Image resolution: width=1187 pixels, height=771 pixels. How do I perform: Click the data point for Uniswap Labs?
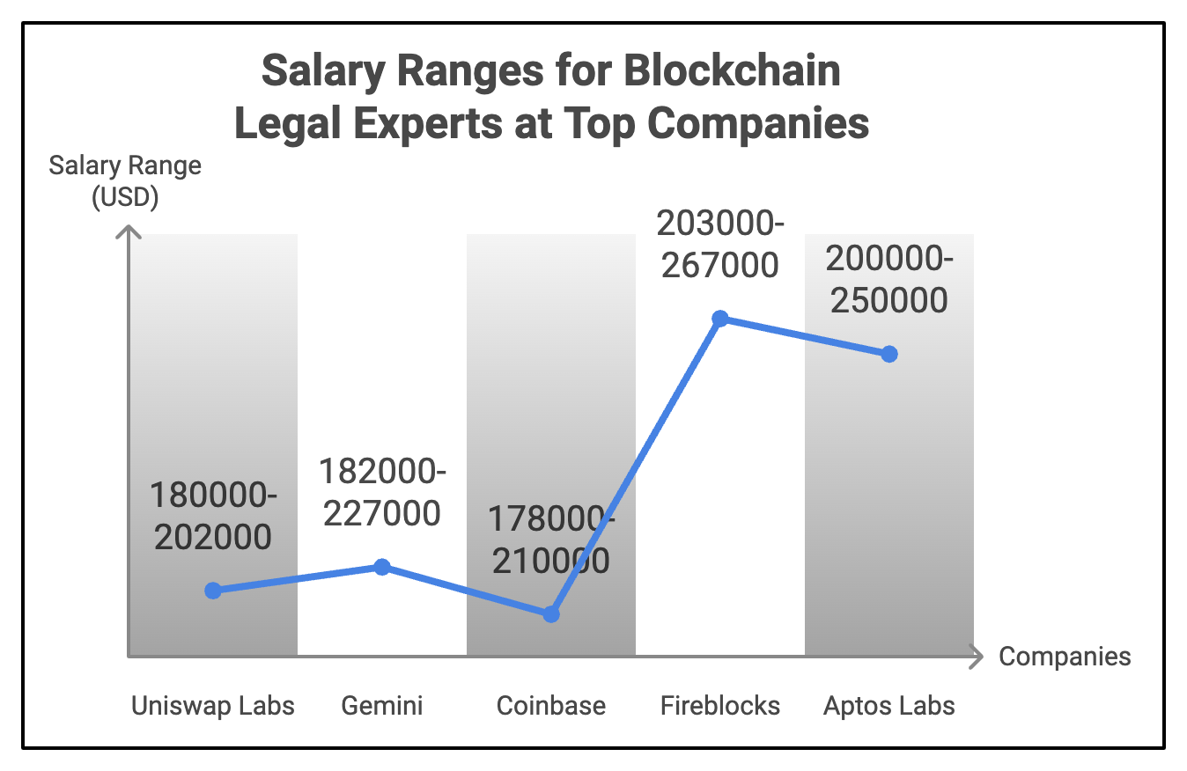[x=213, y=591]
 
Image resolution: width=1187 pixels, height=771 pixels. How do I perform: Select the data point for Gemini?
[x=382, y=567]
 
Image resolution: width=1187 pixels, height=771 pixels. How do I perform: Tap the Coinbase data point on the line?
[x=551, y=614]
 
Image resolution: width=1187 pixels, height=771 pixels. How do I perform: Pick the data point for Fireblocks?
[x=720, y=318]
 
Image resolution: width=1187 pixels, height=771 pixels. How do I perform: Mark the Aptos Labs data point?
[x=889, y=354]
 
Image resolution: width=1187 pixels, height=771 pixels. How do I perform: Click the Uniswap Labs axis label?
[x=213, y=706]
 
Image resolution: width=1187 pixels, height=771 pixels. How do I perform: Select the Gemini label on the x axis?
[x=382, y=706]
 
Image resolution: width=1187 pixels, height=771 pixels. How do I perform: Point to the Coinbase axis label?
[x=551, y=706]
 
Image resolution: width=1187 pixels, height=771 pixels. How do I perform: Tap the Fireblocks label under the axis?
[x=720, y=706]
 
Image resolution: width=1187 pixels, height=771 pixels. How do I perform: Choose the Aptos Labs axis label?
[x=889, y=706]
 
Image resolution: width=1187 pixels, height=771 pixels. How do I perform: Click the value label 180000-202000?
[x=213, y=516]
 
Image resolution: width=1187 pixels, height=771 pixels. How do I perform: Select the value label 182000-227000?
[x=382, y=493]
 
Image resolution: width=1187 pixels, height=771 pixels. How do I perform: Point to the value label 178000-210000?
[x=551, y=540]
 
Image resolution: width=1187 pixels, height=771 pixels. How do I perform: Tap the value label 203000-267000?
[x=720, y=244]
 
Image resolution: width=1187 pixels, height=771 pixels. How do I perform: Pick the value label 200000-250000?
[x=889, y=280]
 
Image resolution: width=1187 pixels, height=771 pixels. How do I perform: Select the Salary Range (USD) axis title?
[x=125, y=181]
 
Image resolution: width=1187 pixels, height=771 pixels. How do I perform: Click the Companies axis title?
[x=1065, y=657]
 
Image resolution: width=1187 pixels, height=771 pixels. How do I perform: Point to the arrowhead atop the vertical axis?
[x=129, y=232]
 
